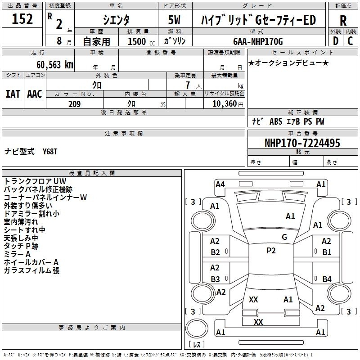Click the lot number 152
click(22, 18)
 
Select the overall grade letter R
click(343, 21)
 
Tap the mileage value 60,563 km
click(54, 65)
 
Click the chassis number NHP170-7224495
click(302, 143)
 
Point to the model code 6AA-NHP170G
click(258, 41)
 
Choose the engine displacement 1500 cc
click(141, 41)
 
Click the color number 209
click(74, 104)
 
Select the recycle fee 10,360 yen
click(228, 104)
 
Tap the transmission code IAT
click(13, 94)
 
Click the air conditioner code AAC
click(35, 94)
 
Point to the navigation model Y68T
click(50, 152)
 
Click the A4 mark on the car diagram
click(220, 184)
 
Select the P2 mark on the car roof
click(271, 251)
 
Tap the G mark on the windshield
click(284, 237)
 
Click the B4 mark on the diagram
click(327, 279)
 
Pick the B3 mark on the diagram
click(215, 279)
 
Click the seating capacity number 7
click(188, 85)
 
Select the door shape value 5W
click(174, 20)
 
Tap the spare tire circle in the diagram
click(197, 328)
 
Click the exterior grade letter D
click(336, 41)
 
